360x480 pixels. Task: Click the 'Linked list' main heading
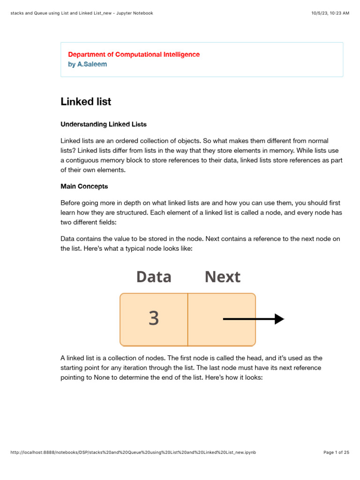pos(86,102)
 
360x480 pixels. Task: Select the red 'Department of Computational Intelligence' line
pos(134,54)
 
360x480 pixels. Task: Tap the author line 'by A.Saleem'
pos(87,64)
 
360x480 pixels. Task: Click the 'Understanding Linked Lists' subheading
pos(104,124)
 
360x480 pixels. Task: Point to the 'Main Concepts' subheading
pos(84,186)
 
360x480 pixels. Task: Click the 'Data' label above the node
pos(154,277)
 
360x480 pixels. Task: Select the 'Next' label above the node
pos(222,277)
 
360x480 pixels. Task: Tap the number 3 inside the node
pos(154,319)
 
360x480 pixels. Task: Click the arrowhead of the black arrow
pos(279,319)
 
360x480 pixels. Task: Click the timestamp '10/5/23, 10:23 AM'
pos(330,13)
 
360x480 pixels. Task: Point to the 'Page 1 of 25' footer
pos(336,452)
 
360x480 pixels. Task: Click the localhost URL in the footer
pos(133,452)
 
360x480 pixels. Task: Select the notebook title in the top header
pos(82,13)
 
